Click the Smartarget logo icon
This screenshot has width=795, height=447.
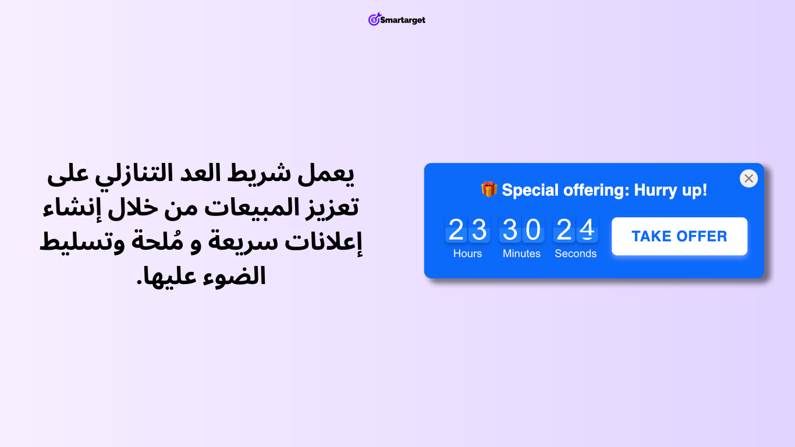coord(374,19)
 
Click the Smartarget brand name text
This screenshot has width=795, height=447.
coord(403,20)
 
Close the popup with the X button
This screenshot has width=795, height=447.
coord(748,178)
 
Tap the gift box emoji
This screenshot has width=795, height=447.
coord(489,189)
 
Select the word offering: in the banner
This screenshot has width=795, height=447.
coord(596,190)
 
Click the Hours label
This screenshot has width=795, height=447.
coord(467,254)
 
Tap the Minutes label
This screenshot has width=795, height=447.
coord(521,254)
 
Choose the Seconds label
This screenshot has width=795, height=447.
coord(576,254)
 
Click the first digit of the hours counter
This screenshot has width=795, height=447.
coord(456,229)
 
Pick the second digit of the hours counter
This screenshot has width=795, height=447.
coord(479,229)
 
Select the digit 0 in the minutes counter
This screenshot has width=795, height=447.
coord(533,229)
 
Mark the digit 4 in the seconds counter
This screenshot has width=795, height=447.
coord(587,229)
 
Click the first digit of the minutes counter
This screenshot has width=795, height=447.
coord(510,229)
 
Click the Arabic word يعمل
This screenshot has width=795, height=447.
coord(325,175)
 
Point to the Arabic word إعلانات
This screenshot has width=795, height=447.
coord(324,242)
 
